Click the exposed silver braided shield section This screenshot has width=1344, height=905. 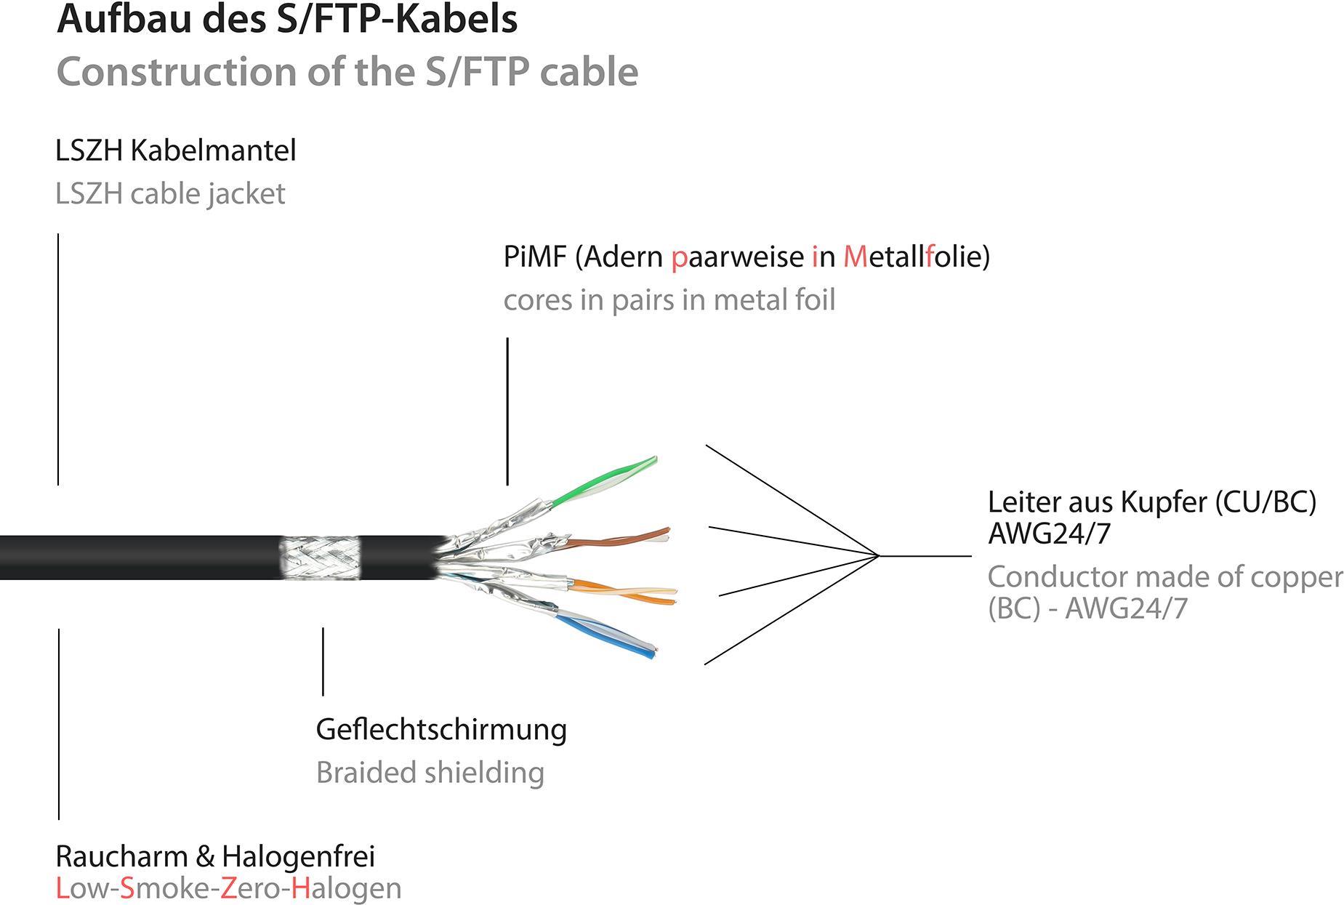click(320, 558)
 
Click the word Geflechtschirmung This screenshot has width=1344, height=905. click(441, 730)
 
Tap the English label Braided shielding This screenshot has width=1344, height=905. click(430, 773)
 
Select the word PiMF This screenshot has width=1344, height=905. click(534, 257)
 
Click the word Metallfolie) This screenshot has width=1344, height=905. click(916, 257)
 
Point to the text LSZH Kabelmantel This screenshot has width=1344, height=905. click(176, 150)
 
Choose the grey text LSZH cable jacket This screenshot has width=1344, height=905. click(170, 193)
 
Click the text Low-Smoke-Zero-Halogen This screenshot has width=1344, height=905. click(228, 888)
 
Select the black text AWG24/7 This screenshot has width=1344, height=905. click(1049, 534)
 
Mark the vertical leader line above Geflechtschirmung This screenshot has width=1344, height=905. click(323, 661)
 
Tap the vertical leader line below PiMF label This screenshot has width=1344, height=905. click(507, 411)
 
